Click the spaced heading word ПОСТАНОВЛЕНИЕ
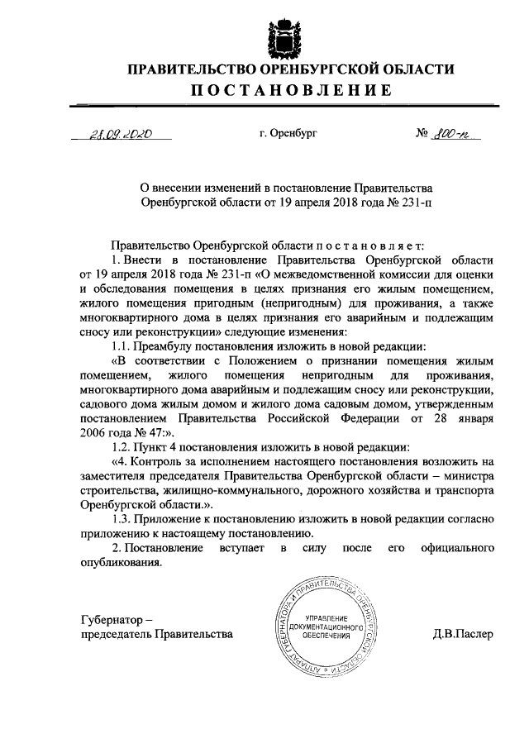[x=287, y=89]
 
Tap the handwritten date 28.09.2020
[x=123, y=132]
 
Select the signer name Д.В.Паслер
[x=462, y=634]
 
